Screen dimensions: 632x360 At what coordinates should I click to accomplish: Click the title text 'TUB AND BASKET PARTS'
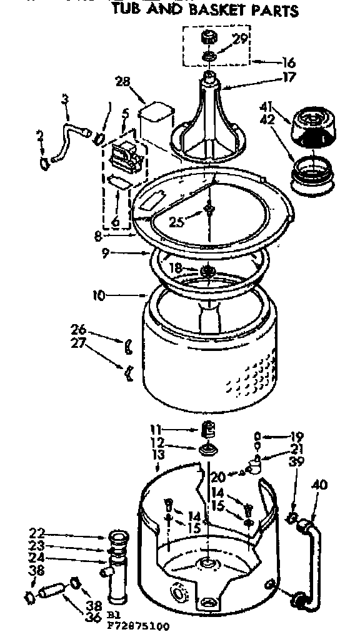coord(204,11)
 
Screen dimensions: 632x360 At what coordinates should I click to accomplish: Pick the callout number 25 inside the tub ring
coord(177,222)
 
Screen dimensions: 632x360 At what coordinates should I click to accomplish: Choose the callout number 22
coord(37,533)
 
